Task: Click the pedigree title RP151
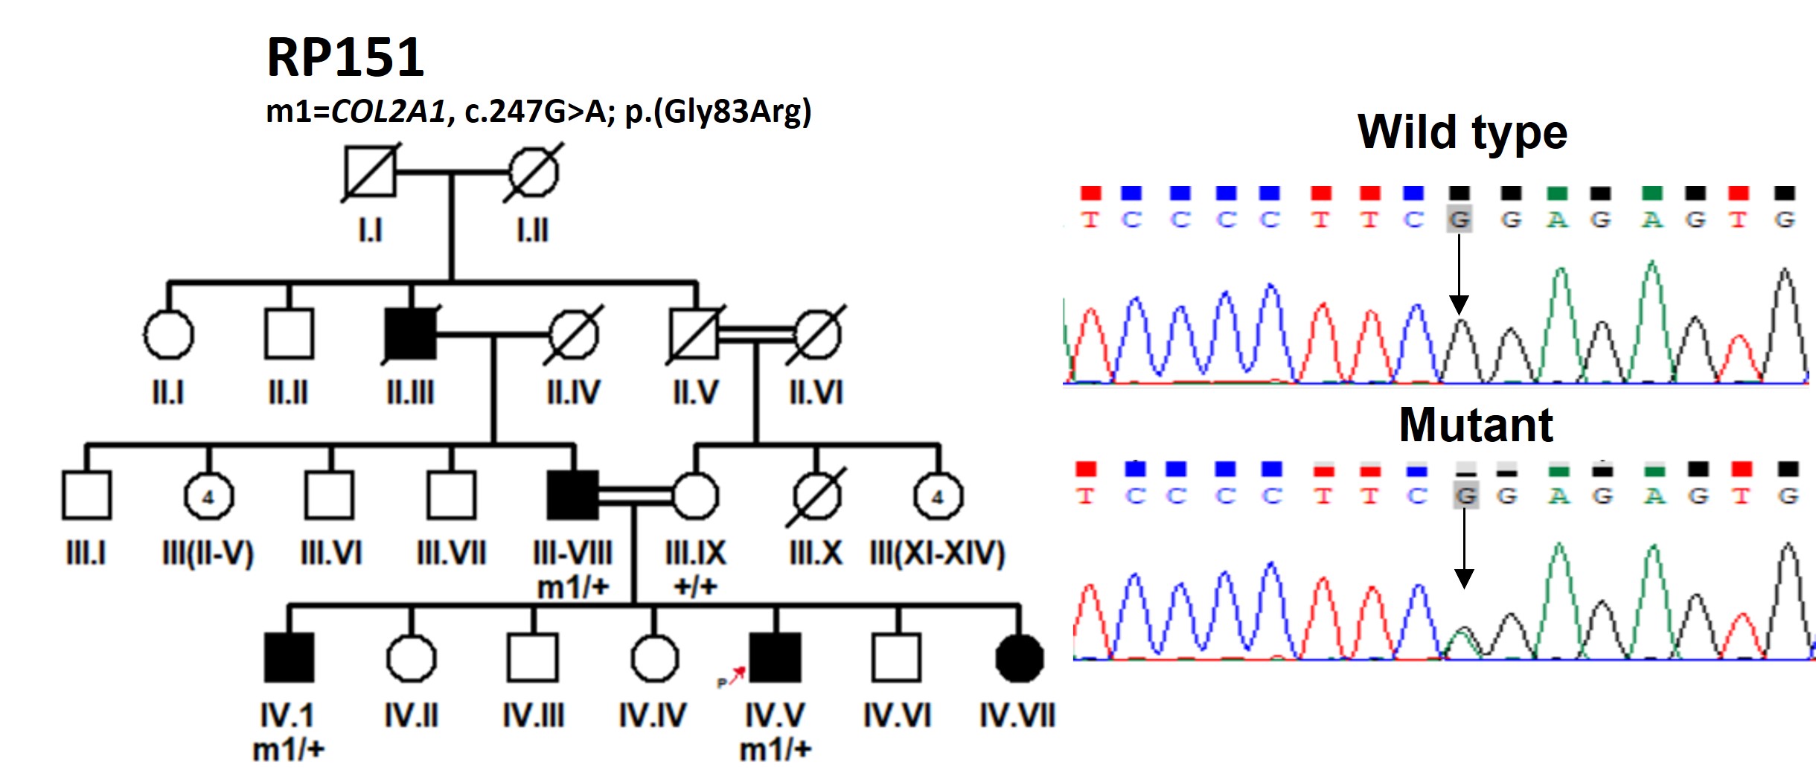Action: coord(345,57)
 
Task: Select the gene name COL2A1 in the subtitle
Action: coord(388,112)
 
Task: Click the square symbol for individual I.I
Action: coord(370,172)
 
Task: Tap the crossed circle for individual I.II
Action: coord(533,172)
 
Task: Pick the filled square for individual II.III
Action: coord(411,334)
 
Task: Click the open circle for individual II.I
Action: coord(168,334)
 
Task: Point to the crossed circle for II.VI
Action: coord(816,334)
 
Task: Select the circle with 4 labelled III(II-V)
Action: coord(208,495)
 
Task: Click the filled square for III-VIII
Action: coord(572,495)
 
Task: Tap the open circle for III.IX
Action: coord(695,495)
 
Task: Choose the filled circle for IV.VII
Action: coord(1020,658)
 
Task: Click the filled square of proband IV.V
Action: coord(776,658)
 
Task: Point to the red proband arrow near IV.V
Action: coord(736,676)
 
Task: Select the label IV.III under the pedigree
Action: coord(533,716)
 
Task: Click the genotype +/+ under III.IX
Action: coord(695,586)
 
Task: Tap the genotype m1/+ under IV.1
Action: coord(289,749)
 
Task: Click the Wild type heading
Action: coord(1462,132)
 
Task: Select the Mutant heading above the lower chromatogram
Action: coord(1476,425)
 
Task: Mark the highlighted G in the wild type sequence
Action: coord(1459,219)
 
